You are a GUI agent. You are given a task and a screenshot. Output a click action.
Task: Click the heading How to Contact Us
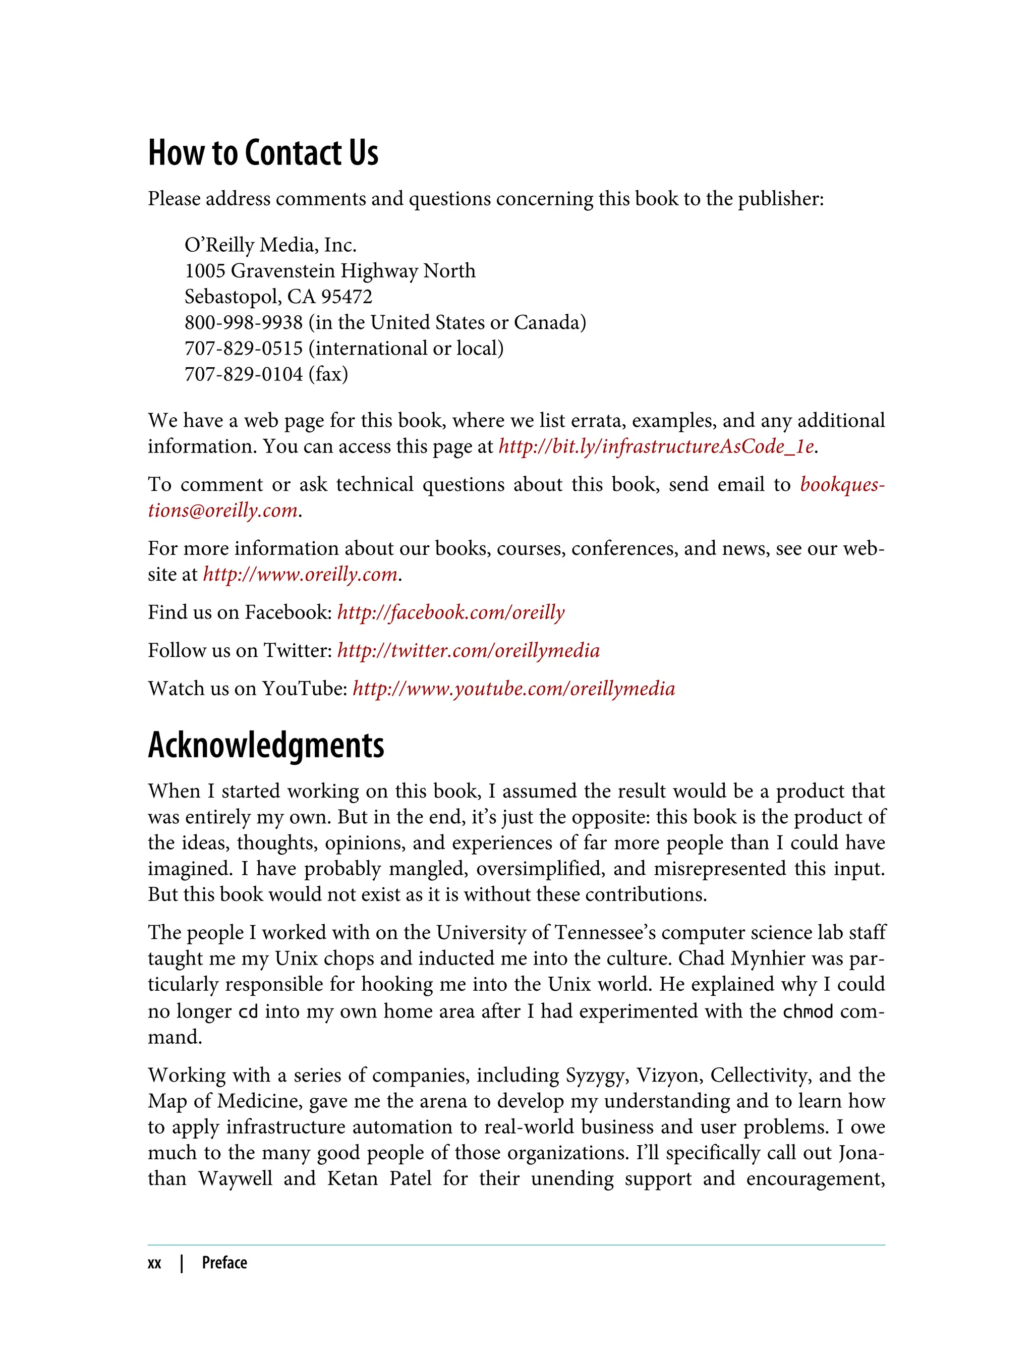tap(263, 153)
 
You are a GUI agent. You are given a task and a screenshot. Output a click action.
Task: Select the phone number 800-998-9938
tap(244, 322)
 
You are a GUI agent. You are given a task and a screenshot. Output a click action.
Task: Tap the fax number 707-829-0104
tap(244, 374)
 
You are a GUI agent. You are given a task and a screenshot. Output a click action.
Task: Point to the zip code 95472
tap(347, 297)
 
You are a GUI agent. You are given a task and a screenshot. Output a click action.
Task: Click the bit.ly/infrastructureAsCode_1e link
tap(656, 446)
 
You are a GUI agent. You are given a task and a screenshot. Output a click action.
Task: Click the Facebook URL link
tap(451, 612)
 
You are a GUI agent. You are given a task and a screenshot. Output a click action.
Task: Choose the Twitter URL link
tap(468, 651)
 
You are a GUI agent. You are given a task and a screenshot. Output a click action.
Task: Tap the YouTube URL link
tap(513, 689)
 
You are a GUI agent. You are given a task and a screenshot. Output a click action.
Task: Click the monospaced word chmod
tap(808, 1011)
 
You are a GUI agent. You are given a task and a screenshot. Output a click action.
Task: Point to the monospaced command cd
tap(248, 1011)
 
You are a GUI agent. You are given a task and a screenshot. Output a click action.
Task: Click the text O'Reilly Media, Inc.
tap(270, 245)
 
